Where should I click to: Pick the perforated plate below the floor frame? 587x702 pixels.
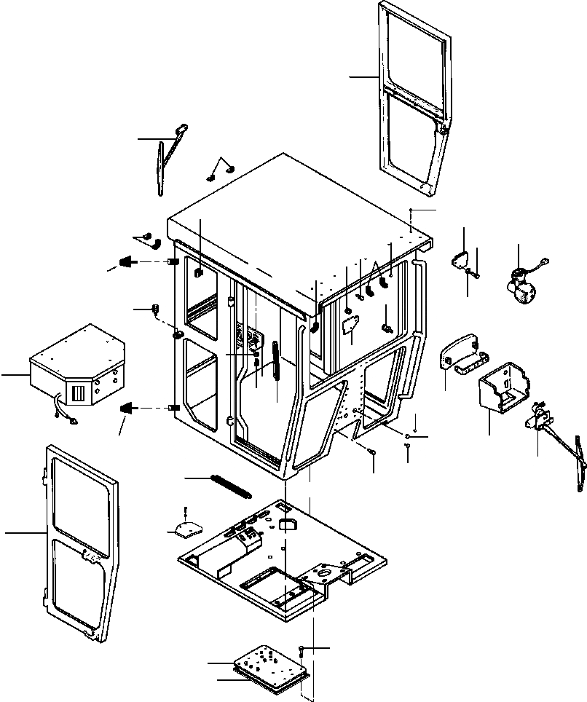(x=271, y=663)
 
